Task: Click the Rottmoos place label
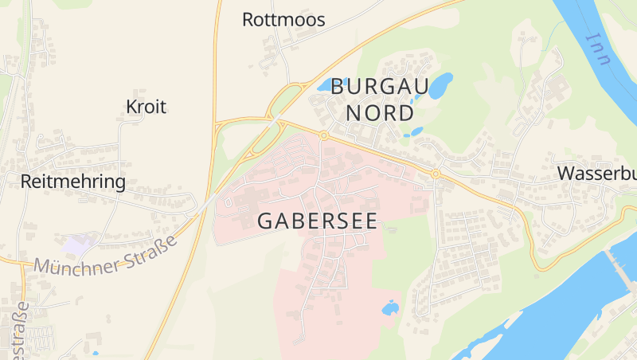283,20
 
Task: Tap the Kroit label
146,107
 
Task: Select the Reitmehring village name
72,182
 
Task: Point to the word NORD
380,112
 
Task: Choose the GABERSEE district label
317,221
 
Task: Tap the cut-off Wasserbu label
596,173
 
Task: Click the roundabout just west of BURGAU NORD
323,135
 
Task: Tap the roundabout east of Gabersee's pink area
436,174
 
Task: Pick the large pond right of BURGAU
440,85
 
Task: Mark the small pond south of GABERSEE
390,307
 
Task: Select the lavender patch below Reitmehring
80,244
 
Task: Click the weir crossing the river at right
618,263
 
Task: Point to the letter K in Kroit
131,107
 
